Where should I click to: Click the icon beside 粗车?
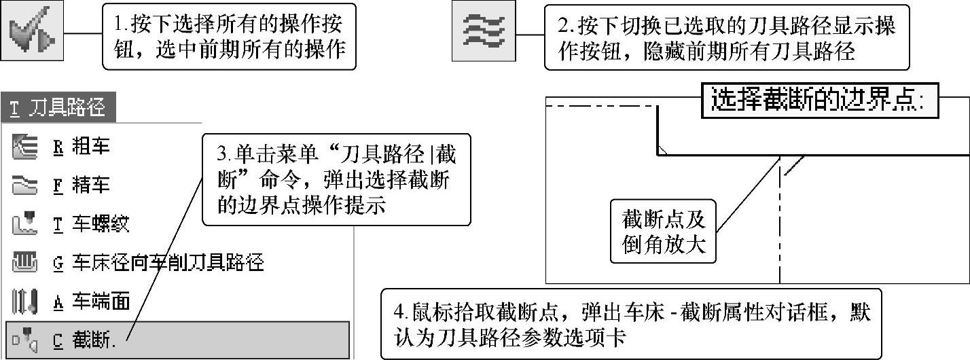[x=24, y=147]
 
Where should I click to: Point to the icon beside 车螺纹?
[x=24, y=223]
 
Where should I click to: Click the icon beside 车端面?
[x=24, y=301]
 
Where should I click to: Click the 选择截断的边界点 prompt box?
[x=818, y=101]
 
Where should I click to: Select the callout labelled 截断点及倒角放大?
[x=664, y=231]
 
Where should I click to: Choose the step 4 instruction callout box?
[x=630, y=323]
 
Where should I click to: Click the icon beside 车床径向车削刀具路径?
[x=24, y=262]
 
